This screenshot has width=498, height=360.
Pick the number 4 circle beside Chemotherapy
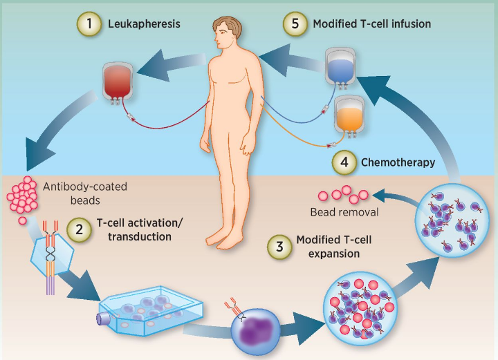click(x=344, y=163)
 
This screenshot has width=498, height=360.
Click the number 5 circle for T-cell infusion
click(x=294, y=23)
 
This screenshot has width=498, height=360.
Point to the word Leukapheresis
click(x=144, y=24)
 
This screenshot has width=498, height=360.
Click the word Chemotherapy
click(x=398, y=163)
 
